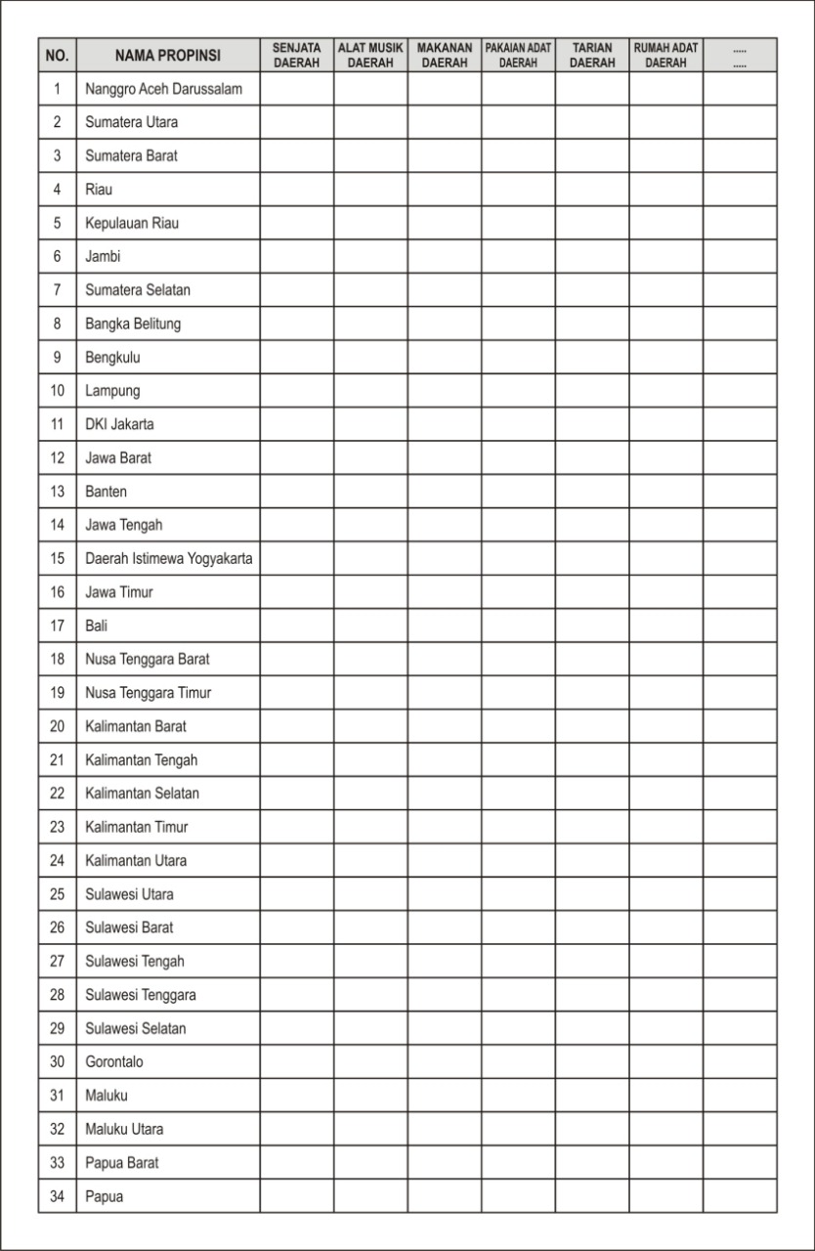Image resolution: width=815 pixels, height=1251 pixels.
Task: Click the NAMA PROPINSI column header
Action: click(x=168, y=55)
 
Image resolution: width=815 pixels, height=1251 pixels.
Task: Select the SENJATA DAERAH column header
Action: click(x=297, y=55)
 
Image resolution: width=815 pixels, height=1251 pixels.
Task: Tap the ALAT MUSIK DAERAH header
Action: click(x=370, y=55)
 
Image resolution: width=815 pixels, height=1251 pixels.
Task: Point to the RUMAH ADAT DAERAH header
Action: click(x=666, y=55)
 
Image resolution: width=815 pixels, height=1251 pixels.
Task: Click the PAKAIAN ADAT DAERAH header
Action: click(x=518, y=55)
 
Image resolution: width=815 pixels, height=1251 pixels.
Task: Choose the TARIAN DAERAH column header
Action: click(x=592, y=55)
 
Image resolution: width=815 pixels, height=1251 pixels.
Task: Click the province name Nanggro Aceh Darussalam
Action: click(x=163, y=89)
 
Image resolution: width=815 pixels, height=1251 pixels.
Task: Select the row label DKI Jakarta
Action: click(x=119, y=424)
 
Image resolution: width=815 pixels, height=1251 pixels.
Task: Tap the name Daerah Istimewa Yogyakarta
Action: click(x=168, y=559)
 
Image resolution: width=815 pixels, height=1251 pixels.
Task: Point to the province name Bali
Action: click(x=97, y=625)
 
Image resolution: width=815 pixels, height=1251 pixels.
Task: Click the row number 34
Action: click(x=57, y=1195)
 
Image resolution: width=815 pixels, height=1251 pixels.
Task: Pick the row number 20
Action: click(x=57, y=726)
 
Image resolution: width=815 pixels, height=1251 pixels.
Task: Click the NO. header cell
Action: click(x=57, y=55)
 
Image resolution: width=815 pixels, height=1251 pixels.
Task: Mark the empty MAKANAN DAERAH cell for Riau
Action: click(x=445, y=190)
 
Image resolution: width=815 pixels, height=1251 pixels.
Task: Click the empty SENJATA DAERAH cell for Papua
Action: click(x=297, y=1195)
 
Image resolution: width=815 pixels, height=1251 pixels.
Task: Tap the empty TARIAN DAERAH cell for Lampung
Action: click(x=592, y=391)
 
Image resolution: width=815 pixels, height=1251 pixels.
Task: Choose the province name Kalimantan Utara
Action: click(x=136, y=860)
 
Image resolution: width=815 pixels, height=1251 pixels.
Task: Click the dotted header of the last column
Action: click(x=740, y=55)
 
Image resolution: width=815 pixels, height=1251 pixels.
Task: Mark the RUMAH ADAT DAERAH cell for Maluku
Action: click(x=666, y=1095)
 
